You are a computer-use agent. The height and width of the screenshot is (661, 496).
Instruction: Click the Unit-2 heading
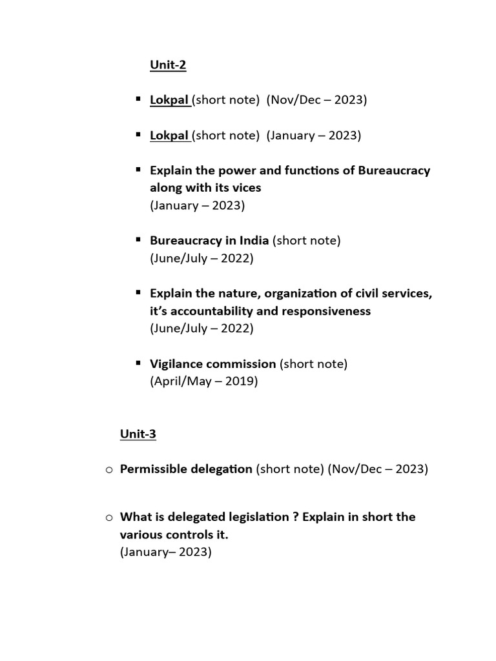pos(167,65)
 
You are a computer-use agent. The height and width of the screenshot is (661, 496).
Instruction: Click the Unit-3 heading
pos(138,434)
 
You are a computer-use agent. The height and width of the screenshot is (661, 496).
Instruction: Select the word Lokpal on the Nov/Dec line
pos(169,100)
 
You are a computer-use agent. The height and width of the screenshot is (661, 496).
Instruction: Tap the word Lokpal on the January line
pos(169,136)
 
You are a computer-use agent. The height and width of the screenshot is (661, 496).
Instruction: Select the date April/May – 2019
pos(203,381)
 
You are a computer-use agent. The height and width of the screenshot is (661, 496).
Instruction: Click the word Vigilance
pos(176,363)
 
